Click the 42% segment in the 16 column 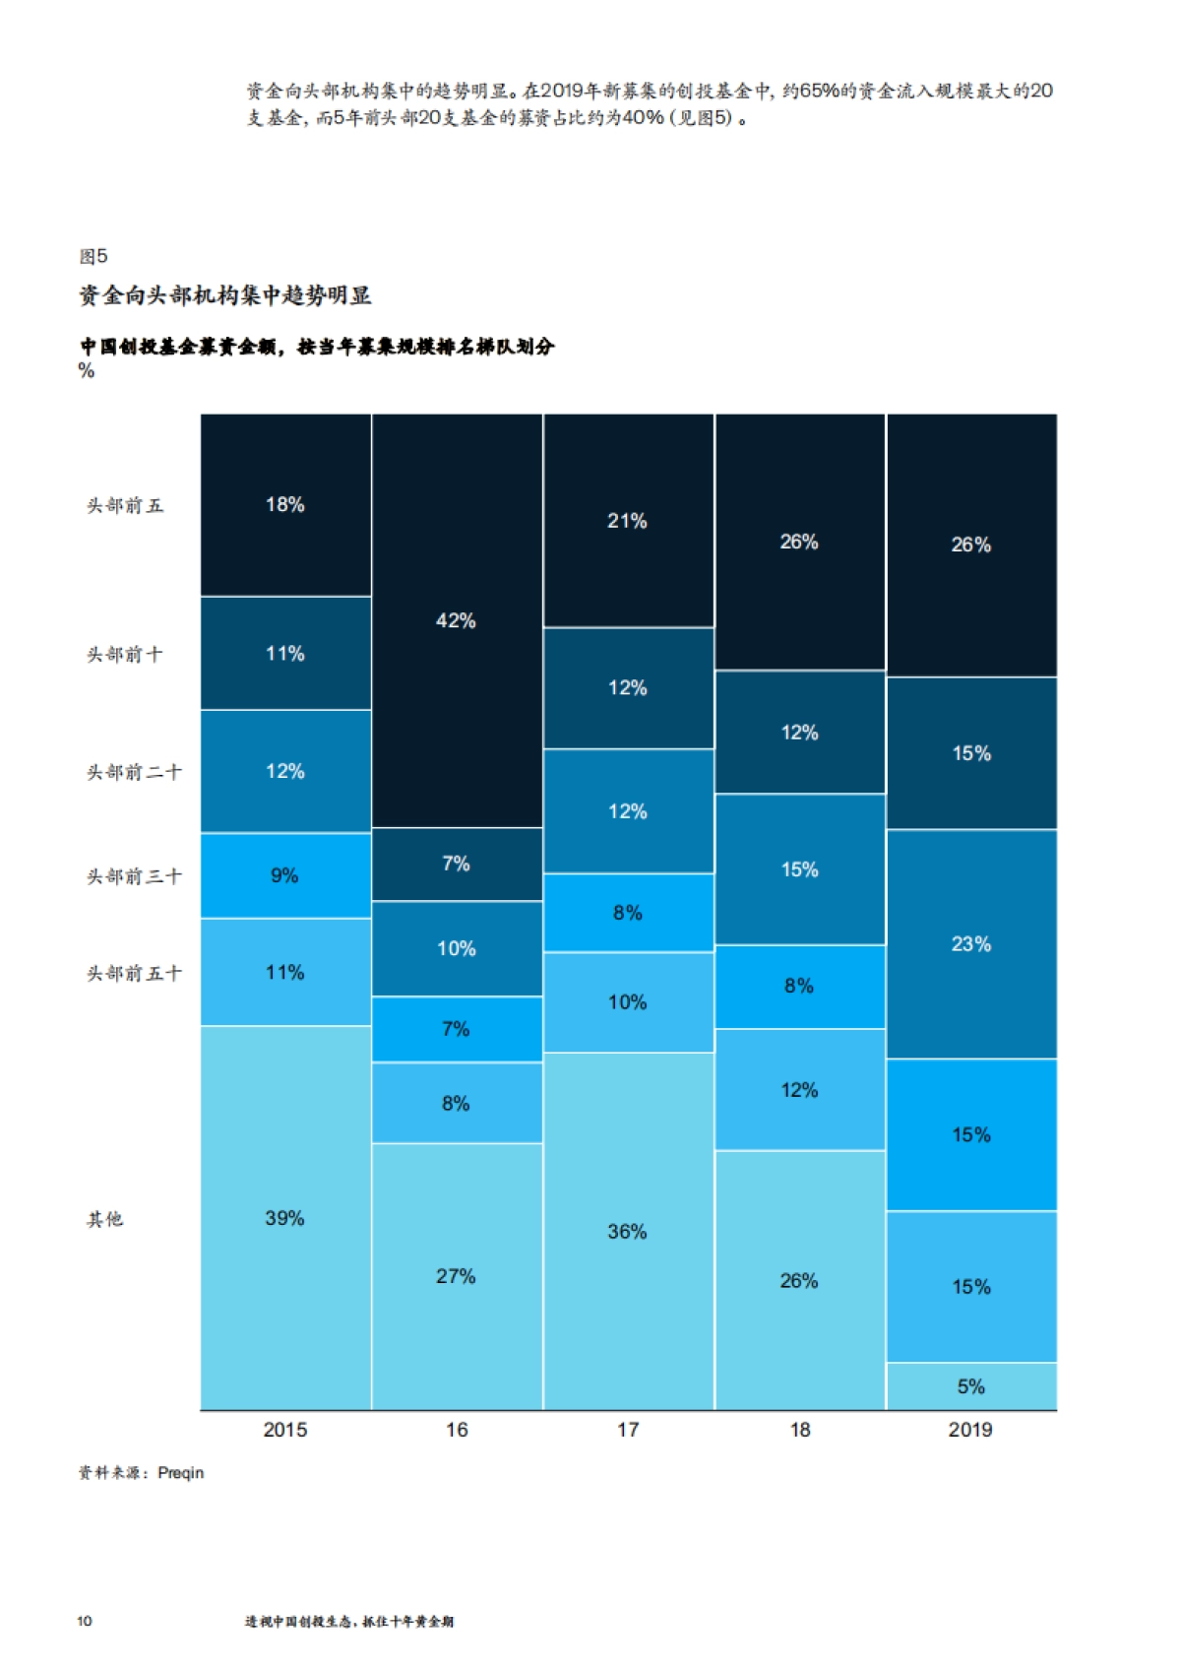point(457,620)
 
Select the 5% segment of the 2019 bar point(971,1386)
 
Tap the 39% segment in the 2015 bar point(285,1218)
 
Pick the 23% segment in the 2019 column point(971,944)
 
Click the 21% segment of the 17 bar point(628,521)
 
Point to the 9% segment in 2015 point(285,875)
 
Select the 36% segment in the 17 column point(628,1231)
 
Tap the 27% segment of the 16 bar point(457,1276)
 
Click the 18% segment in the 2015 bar point(285,504)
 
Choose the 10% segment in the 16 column point(457,948)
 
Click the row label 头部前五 point(125,505)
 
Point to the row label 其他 point(105,1219)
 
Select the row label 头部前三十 point(134,875)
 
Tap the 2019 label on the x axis point(970,1430)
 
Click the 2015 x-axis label point(285,1430)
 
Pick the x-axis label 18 point(800,1430)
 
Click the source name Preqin point(181,1473)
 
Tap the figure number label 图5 point(93,256)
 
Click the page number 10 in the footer point(85,1621)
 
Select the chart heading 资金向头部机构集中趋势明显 point(225,295)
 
